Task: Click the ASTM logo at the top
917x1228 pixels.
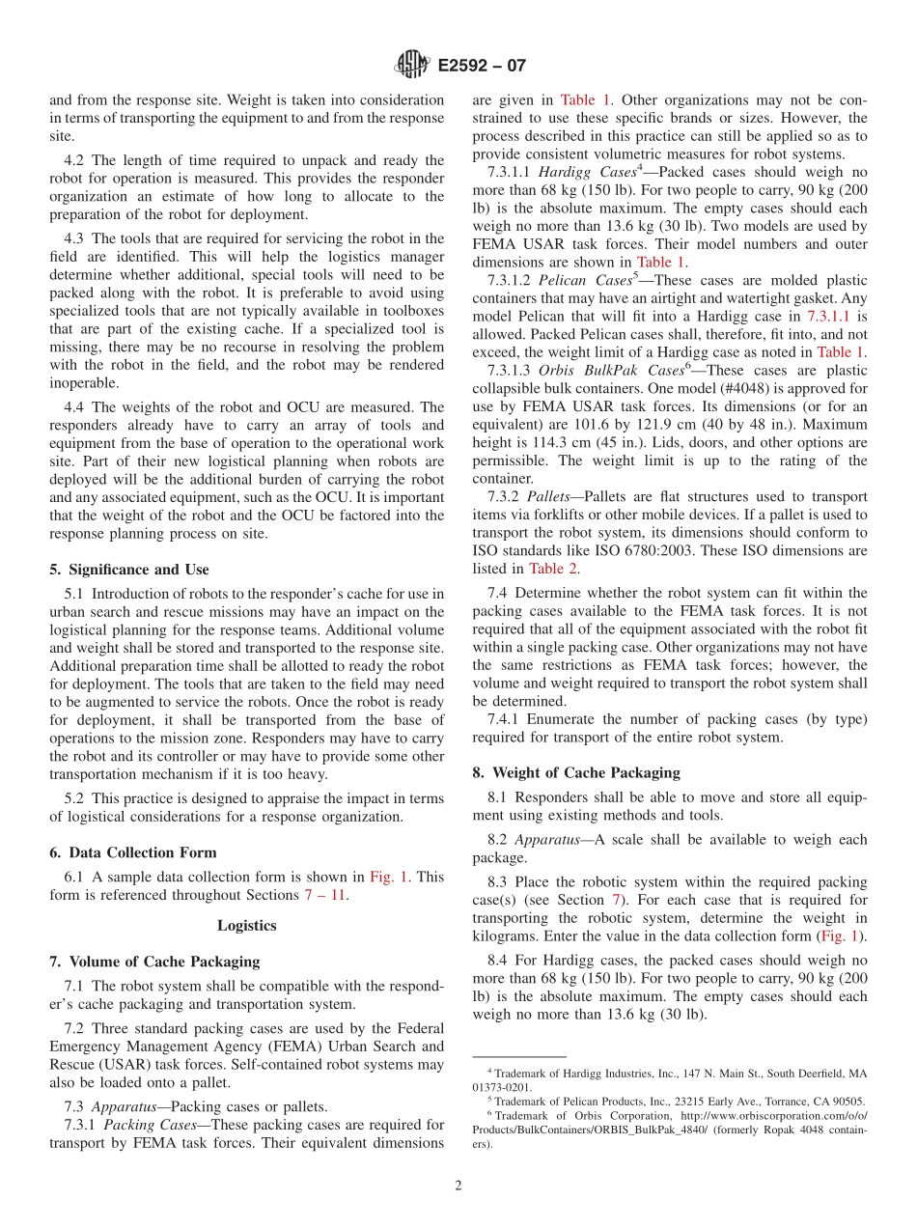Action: click(412, 66)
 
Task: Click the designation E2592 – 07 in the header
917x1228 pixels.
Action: click(482, 67)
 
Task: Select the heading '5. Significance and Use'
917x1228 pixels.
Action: click(128, 570)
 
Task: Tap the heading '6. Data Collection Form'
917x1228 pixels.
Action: click(132, 852)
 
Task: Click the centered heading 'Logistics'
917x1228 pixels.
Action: click(246, 925)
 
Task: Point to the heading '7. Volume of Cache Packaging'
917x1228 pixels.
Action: click(154, 961)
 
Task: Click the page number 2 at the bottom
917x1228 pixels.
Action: click(458, 1186)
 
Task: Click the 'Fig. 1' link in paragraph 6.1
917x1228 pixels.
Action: click(390, 877)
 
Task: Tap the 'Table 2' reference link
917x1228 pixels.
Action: click(553, 569)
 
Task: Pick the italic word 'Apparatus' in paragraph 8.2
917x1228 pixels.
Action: click(547, 840)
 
